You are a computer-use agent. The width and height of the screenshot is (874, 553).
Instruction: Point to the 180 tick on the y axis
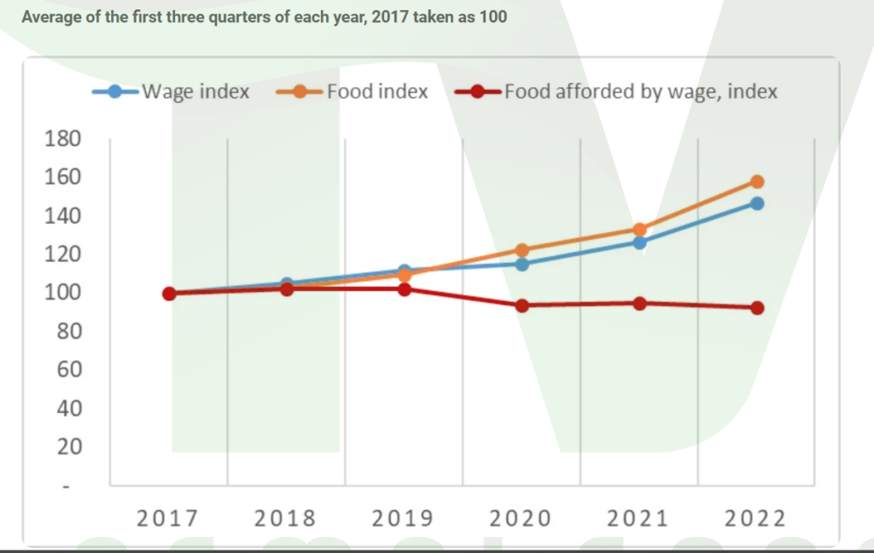tap(62, 138)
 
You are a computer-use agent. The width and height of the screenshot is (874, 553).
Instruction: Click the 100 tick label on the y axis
tap(62, 293)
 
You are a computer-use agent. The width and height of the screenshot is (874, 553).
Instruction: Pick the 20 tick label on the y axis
tap(69, 446)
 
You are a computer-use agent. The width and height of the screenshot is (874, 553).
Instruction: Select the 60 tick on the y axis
tap(69, 370)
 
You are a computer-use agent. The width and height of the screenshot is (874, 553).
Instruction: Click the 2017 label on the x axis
tap(168, 518)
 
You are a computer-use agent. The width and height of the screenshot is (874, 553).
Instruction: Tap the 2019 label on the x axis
tap(404, 518)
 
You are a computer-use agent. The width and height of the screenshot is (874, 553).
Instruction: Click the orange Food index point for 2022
tap(757, 182)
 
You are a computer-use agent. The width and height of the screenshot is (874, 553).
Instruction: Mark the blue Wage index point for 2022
tap(757, 203)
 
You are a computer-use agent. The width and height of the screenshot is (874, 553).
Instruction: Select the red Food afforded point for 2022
tap(757, 308)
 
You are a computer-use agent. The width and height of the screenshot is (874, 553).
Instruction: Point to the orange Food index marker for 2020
tap(521, 250)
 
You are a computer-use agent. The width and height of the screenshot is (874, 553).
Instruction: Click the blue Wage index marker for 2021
tap(639, 242)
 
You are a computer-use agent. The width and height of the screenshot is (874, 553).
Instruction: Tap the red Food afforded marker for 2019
tap(405, 289)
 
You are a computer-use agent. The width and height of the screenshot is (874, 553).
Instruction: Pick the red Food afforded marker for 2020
tap(521, 306)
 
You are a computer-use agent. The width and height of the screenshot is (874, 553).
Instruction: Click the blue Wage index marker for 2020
tap(521, 265)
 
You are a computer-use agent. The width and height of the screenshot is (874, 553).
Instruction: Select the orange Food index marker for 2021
tap(639, 230)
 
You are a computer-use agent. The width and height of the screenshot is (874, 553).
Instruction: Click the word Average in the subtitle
tap(49, 17)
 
